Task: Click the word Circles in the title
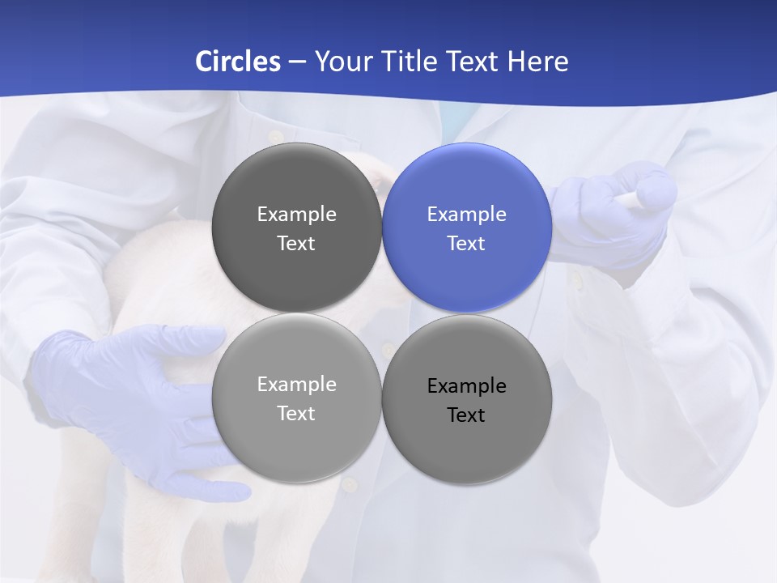[x=238, y=62]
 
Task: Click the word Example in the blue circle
[x=467, y=215]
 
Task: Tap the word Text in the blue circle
[x=466, y=244]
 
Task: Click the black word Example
[x=467, y=386]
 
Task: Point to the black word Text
[x=466, y=415]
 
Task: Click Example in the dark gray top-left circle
[x=296, y=215]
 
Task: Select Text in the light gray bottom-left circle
[x=296, y=414]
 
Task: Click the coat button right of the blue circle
[x=576, y=282]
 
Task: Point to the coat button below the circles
[x=350, y=485]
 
